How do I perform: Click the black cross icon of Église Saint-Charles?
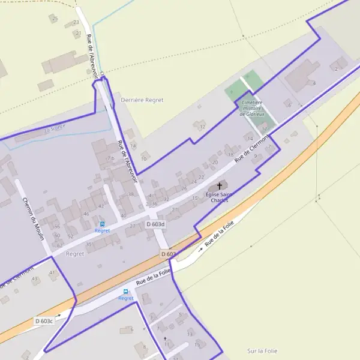click(x=219, y=186)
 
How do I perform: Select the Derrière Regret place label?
click(x=142, y=100)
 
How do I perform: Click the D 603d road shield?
click(x=155, y=224)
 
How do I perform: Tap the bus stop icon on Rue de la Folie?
click(x=125, y=292)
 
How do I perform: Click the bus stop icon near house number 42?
click(x=102, y=223)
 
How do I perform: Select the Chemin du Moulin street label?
click(x=34, y=218)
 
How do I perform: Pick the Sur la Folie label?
click(x=262, y=350)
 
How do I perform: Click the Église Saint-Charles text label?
click(x=219, y=197)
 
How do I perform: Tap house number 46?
click(x=86, y=214)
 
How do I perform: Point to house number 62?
click(x=59, y=245)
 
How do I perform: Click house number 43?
click(x=34, y=279)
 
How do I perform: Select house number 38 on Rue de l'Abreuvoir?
click(x=131, y=194)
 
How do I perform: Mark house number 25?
click(x=55, y=19)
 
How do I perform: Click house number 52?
click(x=70, y=236)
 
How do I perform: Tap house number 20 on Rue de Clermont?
click(x=214, y=163)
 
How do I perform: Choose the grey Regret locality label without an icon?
click(x=76, y=254)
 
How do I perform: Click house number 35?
click(x=89, y=244)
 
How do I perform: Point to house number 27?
click(x=133, y=226)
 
